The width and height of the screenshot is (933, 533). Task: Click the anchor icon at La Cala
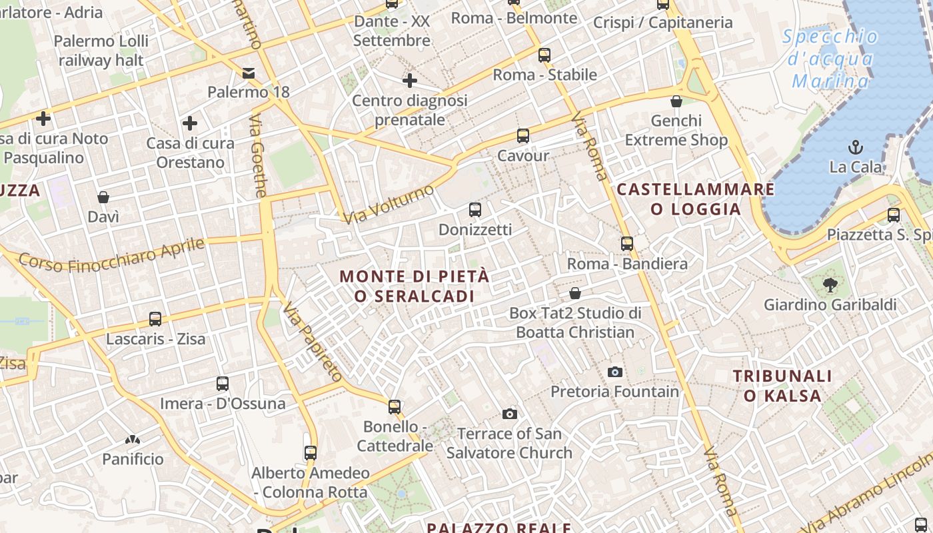856,147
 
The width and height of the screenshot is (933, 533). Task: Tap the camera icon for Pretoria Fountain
615,372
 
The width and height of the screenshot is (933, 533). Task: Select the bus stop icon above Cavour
523,136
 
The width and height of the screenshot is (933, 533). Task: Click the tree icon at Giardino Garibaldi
830,285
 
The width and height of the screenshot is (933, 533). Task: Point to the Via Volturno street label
389,204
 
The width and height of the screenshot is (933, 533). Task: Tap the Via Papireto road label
312,342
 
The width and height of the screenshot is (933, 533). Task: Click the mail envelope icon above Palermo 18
249,73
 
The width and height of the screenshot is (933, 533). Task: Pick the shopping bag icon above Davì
103,197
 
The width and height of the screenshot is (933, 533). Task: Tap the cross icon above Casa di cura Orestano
190,123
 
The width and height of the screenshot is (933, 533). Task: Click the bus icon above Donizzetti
475,210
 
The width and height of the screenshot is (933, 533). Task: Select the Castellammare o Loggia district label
696,199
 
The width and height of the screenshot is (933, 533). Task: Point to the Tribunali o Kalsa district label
782,386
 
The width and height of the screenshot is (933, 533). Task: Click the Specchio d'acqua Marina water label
830,59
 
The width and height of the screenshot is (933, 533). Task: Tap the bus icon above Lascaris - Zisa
155,319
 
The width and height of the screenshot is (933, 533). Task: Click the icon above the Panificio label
133,440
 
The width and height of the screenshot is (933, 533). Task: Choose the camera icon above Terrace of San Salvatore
510,414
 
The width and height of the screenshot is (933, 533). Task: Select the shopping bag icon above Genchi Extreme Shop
676,101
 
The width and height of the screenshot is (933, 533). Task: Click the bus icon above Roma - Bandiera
627,244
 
